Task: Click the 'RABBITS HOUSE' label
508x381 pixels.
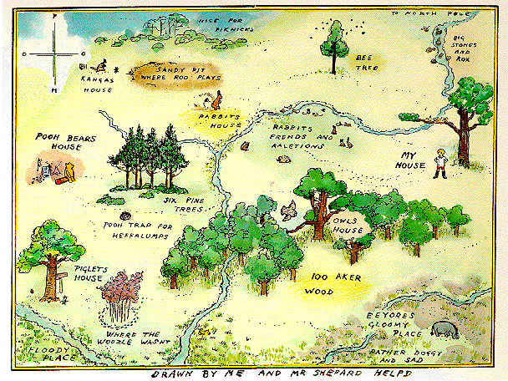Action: click(219, 121)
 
